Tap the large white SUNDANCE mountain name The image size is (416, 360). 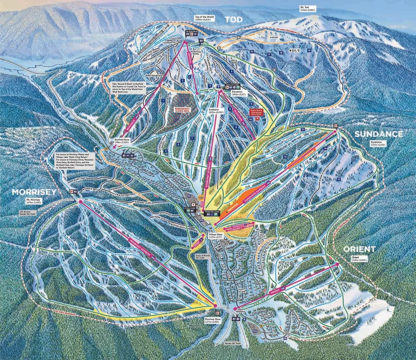pos(379,134)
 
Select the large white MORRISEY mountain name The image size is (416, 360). pos(33,192)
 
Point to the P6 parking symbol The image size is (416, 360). pos(285,338)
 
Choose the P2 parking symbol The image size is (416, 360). pos(189,195)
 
